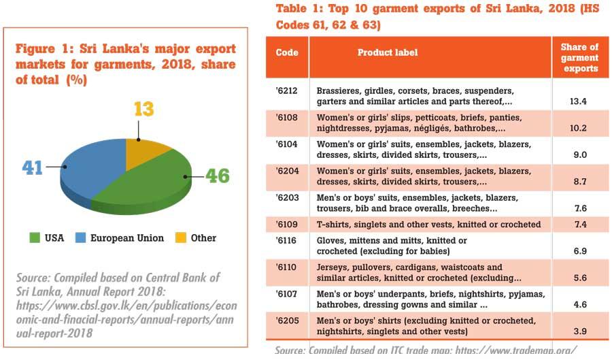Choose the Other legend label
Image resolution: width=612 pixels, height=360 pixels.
pyautogui.click(x=203, y=238)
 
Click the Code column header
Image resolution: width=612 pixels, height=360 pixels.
pyautogui.click(x=287, y=53)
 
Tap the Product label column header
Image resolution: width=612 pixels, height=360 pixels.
pyautogui.click(x=388, y=53)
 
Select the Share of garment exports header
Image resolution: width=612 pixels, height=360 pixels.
pyautogui.click(x=579, y=58)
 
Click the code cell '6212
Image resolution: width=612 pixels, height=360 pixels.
pyautogui.click(x=287, y=91)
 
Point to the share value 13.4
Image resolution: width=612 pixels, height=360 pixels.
pyautogui.click(x=579, y=101)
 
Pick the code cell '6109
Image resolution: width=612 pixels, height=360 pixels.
pyautogui.click(x=287, y=224)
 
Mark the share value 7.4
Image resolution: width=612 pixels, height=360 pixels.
pyautogui.click(x=579, y=224)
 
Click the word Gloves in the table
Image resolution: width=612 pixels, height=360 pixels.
pyautogui.click(x=332, y=241)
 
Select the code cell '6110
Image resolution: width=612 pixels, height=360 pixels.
pyautogui.click(x=287, y=267)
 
